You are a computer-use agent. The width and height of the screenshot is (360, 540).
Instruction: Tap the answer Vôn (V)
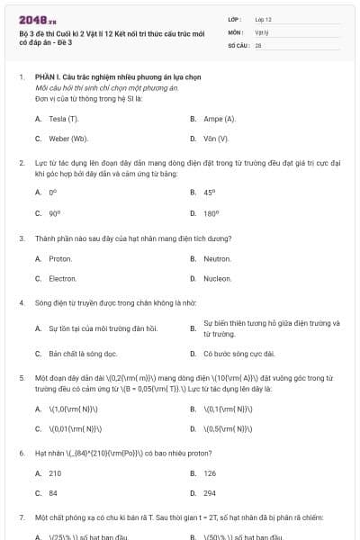coord(216,139)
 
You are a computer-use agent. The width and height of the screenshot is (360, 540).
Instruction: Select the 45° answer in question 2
coord(210,192)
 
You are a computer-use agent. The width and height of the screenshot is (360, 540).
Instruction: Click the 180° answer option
coord(211,213)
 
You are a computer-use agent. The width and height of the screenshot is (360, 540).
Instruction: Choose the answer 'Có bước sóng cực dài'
coord(239,354)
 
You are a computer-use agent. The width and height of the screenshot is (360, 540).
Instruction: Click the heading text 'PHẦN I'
coord(46,77)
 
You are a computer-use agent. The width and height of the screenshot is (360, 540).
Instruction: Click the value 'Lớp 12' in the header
coord(263,19)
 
